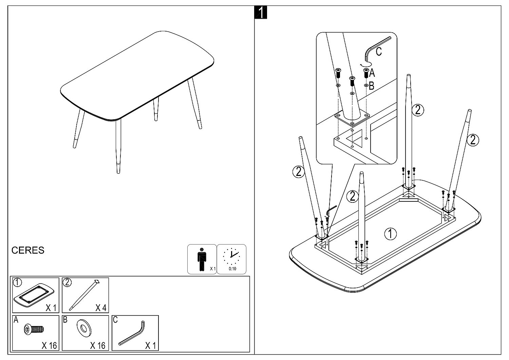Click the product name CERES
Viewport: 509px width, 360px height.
point(28,250)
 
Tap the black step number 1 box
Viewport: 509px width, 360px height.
point(261,13)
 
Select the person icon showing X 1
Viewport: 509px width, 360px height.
point(202,259)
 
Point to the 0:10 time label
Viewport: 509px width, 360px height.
point(232,269)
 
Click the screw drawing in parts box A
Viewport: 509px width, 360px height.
point(34,329)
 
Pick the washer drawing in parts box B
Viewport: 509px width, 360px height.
point(83,327)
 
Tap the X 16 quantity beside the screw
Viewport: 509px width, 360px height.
point(49,346)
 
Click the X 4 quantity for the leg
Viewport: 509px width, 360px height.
point(101,308)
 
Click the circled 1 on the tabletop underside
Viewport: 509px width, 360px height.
point(390,233)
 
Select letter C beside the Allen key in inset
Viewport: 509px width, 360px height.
point(379,52)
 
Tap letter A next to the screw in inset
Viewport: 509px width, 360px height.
point(372,73)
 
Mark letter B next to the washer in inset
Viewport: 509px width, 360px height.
point(371,86)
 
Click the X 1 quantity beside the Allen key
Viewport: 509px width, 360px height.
point(150,346)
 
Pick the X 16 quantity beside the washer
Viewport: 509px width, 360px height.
point(98,346)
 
